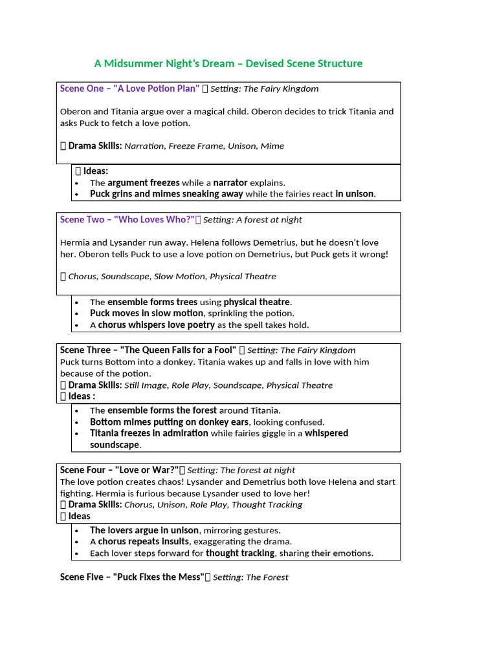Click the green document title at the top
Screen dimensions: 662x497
click(x=228, y=63)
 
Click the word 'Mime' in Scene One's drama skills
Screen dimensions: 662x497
click(x=272, y=146)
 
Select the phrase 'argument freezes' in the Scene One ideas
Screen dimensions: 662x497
click(x=144, y=183)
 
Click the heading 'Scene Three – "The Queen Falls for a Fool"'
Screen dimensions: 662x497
click(x=148, y=350)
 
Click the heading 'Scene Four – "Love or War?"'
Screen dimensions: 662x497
click(x=119, y=470)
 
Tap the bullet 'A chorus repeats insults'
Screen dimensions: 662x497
click(x=140, y=542)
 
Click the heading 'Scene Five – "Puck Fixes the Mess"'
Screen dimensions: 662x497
click(x=132, y=577)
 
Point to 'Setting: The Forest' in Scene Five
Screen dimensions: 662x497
click(x=250, y=577)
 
